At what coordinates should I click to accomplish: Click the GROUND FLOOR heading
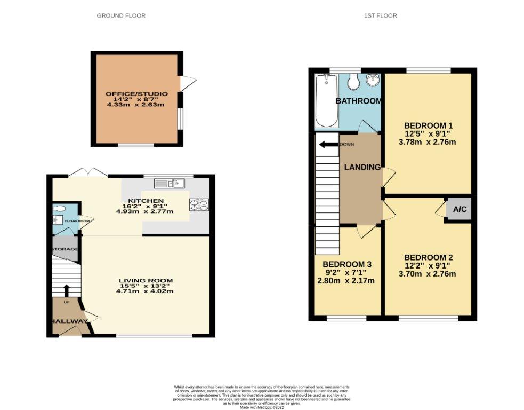pos(121,15)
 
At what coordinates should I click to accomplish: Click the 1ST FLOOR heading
pos(381,15)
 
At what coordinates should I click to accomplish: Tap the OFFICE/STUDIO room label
pos(136,94)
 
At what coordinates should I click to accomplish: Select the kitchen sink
pos(169,184)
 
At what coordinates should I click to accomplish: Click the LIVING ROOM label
pos(146,280)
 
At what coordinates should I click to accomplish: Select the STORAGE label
pos(65,249)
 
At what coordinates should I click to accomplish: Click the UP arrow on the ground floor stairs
pos(67,290)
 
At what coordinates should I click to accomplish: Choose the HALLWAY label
pos(69,321)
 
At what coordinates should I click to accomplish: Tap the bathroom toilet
pos(352,82)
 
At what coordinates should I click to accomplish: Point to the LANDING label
pos(362,167)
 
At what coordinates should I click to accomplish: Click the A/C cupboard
pos(459,210)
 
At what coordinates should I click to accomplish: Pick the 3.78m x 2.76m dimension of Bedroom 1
pos(427,142)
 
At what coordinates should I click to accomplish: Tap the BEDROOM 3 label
pos(346,264)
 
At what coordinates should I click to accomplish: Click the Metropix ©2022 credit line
pos(261,407)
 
